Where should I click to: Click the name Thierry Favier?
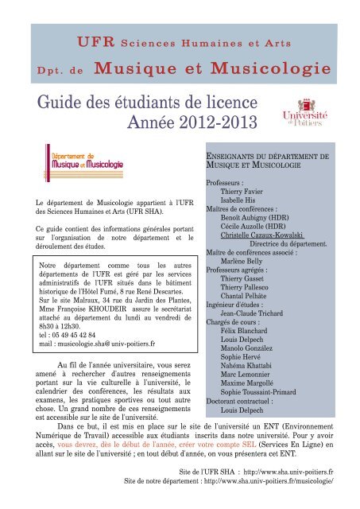(x=242, y=192)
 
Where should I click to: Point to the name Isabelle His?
(x=238, y=201)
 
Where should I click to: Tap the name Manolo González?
(x=251, y=352)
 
